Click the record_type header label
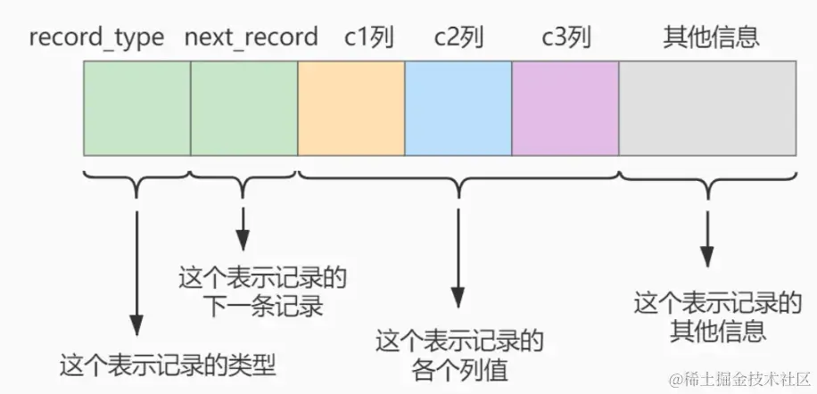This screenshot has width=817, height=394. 96,37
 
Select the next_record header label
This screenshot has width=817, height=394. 251,37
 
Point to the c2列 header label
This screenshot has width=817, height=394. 459,37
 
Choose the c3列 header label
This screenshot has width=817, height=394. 565,37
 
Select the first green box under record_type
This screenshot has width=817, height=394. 136,109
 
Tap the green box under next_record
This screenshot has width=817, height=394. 243,109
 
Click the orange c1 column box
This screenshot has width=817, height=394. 351,109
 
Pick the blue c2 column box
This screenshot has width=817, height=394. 458,109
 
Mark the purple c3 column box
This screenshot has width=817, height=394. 565,109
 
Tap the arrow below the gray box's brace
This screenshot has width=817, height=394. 707,236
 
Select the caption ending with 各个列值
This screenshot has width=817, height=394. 459,354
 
